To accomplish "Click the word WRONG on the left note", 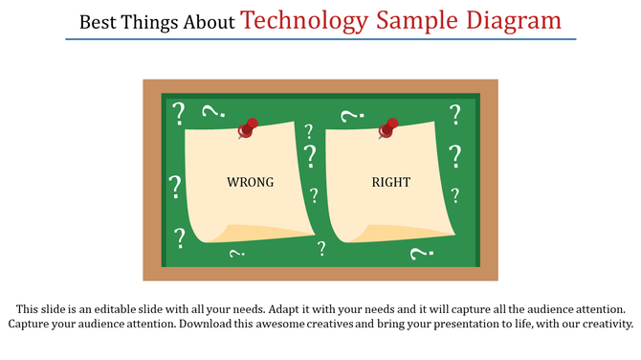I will [x=250, y=182].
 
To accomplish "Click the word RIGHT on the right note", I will [x=390, y=182].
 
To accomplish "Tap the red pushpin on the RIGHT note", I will [x=388, y=127].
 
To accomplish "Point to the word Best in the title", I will [x=97, y=22].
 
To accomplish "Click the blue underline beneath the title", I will [x=320, y=39].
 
